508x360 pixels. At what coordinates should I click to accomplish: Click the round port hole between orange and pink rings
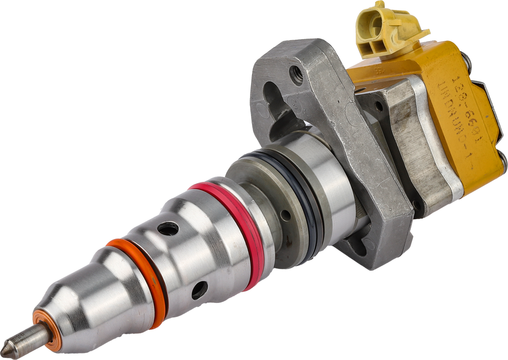[x=168, y=229]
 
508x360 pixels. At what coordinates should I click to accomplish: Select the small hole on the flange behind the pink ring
[x=285, y=215]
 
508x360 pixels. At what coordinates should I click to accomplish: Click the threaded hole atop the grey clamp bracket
[x=296, y=75]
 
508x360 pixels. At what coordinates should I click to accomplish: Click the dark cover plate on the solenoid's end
[x=491, y=114]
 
